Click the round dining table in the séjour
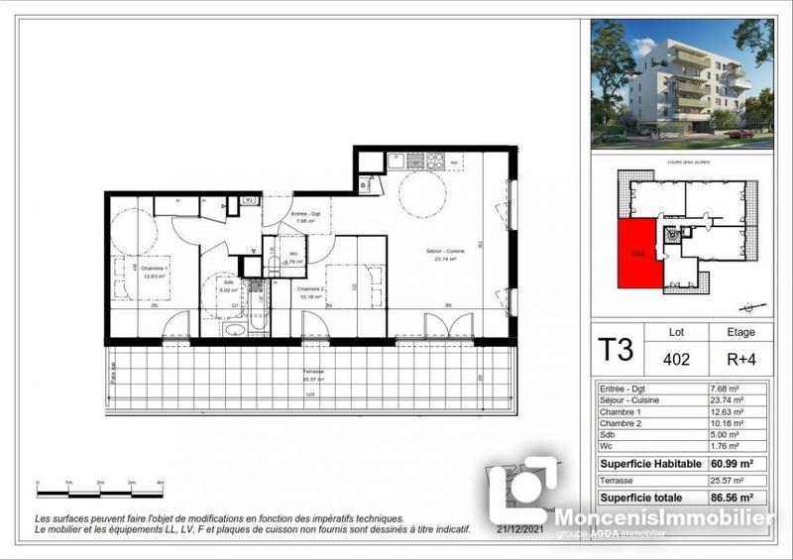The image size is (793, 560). pos(422,193)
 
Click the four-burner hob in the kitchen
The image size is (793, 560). pos(407,160)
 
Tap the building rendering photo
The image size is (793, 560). pos(681,83)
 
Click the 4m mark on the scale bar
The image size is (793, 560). pos(161,483)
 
